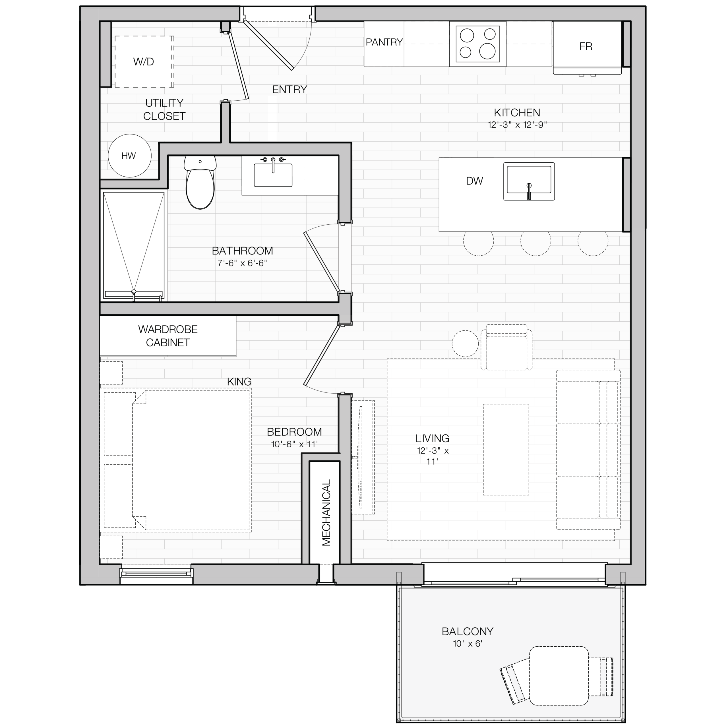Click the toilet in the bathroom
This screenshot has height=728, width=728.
200,183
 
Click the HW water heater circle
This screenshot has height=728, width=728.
130,156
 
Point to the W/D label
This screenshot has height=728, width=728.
144,62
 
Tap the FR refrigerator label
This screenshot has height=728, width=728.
586,46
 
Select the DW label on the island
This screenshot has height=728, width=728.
474,181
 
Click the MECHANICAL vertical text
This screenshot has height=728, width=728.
326,512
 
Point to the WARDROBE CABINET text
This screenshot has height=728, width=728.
168,336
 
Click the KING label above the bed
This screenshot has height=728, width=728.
239,382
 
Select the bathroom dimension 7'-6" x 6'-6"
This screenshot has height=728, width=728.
242,263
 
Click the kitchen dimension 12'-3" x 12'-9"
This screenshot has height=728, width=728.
517,125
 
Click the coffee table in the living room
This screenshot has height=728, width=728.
506,450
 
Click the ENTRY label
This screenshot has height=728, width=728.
289,89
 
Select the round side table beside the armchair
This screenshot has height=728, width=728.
465,344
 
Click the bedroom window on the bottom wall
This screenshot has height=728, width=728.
156,574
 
